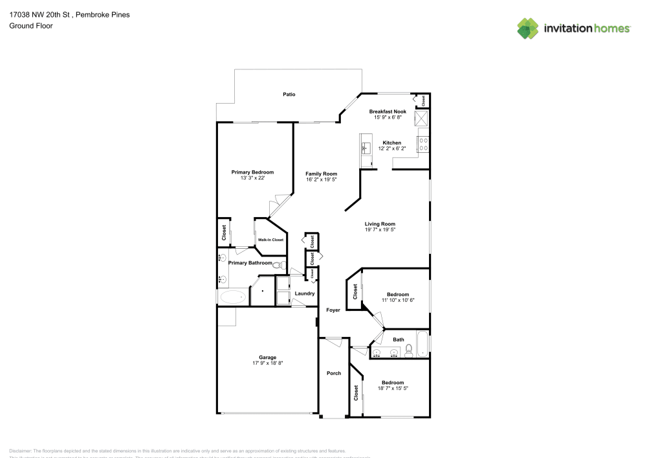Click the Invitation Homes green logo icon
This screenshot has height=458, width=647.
528,28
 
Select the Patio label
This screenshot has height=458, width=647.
289,95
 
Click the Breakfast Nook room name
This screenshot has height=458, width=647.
388,111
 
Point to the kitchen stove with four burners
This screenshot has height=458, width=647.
424,143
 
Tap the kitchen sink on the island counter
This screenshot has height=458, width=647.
365,146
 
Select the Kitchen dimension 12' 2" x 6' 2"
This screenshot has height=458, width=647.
391,149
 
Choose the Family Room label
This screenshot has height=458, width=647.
321,174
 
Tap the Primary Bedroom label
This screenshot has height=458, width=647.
252,172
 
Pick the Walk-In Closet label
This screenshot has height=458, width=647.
270,240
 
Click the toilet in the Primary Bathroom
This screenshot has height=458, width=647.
278,266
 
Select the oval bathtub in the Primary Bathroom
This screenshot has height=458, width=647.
233,297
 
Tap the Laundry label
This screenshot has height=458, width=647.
304,293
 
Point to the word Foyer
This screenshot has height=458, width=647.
333,310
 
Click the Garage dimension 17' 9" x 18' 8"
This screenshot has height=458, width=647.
267,363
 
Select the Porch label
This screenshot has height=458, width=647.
333,373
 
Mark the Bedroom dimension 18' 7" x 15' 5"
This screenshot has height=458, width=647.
392,388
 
